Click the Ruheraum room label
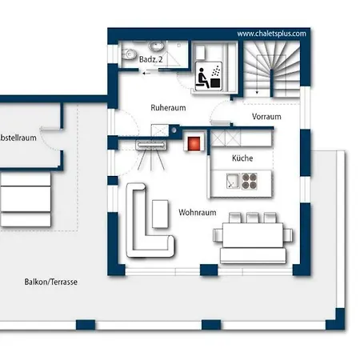pyautogui.click(x=168, y=108)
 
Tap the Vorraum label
pyautogui.click(x=266, y=117)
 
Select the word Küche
pyautogui.click(x=242, y=158)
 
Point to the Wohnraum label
pyautogui.click(x=198, y=213)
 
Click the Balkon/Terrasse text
pyautogui.click(x=51, y=282)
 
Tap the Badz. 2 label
pyautogui.click(x=151, y=59)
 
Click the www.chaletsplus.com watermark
pyautogui.click(x=271, y=34)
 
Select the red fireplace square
pyautogui.click(x=194, y=143)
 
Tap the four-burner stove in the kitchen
pyautogui.click(x=250, y=181)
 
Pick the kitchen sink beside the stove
pyautogui.click(x=232, y=181)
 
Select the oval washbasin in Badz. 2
pyautogui.click(x=156, y=46)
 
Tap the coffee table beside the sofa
pyautogui.click(x=160, y=214)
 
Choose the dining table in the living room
pyautogui.click(x=253, y=235)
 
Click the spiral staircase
pyautogui.click(x=272, y=70)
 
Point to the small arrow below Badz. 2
pyautogui.click(x=146, y=73)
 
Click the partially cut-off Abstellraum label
pyautogui.click(x=18, y=138)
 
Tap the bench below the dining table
pyautogui.click(x=253, y=255)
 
